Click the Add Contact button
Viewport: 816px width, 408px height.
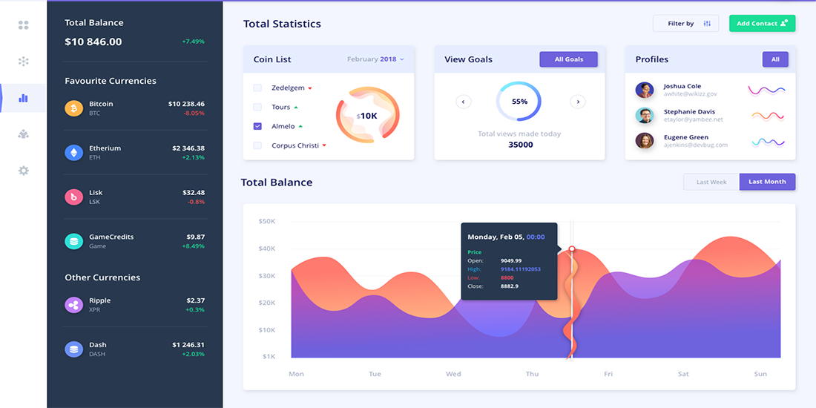[x=762, y=24]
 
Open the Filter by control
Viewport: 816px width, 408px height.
[x=685, y=24]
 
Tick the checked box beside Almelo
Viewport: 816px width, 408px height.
[x=257, y=126]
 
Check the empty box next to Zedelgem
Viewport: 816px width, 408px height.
[x=257, y=88]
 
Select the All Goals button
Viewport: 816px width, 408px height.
[x=568, y=59]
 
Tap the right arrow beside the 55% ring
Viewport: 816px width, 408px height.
[x=578, y=102]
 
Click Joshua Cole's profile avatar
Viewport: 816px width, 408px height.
[x=644, y=90]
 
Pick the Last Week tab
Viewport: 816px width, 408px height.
[x=711, y=182]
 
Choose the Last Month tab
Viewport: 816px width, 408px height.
[x=767, y=182]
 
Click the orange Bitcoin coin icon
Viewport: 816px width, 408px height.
[x=74, y=108]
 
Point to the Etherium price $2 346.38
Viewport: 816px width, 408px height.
[x=188, y=148]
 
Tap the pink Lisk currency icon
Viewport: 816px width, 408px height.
[x=74, y=197]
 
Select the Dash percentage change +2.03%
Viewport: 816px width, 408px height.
[x=193, y=355]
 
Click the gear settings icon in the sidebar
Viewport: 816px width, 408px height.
[x=24, y=171]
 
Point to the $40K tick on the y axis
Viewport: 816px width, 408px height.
[x=267, y=249]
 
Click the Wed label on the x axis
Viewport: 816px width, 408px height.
[x=453, y=374]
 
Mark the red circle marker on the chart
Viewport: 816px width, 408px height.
[x=572, y=249]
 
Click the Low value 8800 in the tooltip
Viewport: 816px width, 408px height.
[x=507, y=278]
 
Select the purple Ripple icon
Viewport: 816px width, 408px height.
[x=74, y=305]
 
